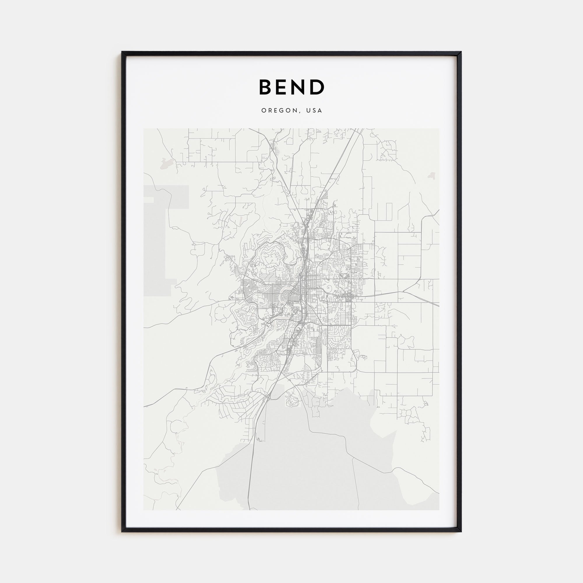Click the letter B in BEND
coord(266,87)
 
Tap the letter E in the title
coord(284,87)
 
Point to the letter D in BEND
coord(317,87)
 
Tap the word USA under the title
coord(314,111)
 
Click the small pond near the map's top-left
coord(165,163)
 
